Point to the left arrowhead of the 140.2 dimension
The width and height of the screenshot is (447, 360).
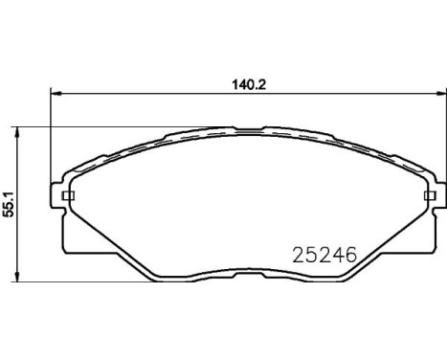tap(54, 93)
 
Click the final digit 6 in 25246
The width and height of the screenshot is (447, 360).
tap(350, 257)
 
